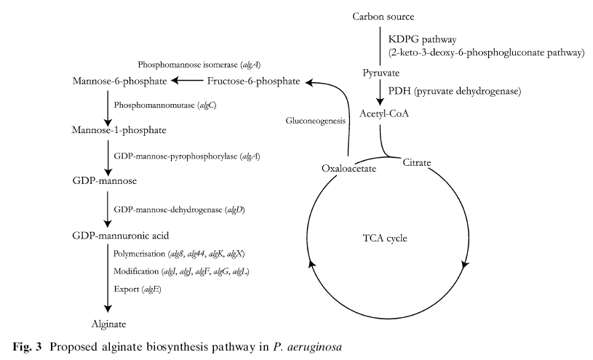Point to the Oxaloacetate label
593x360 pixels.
coord(349,168)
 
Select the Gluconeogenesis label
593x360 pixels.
coord(315,121)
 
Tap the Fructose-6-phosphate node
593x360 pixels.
coord(253,81)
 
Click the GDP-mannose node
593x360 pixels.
coord(106,180)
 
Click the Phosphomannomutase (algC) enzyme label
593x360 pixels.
coord(165,105)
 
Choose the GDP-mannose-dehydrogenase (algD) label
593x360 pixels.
coord(179,209)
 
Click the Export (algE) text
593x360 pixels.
coord(137,289)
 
